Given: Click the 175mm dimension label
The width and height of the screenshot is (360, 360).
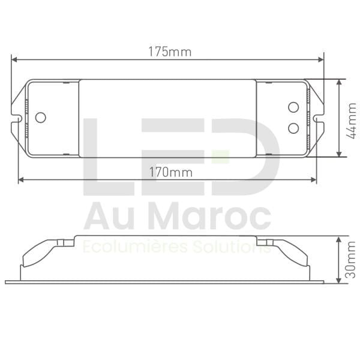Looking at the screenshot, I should [170, 52].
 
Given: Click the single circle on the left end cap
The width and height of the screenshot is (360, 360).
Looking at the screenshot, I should [40, 118].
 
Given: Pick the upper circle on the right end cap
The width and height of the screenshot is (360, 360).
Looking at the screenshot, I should [293, 107].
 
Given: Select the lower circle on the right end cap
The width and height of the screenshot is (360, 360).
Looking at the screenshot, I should [293, 127].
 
